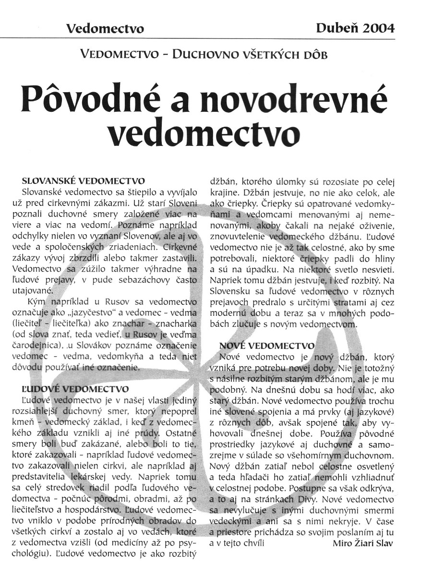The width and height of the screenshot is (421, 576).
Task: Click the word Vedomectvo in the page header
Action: tap(105, 29)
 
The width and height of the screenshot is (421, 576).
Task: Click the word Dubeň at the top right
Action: tap(336, 28)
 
